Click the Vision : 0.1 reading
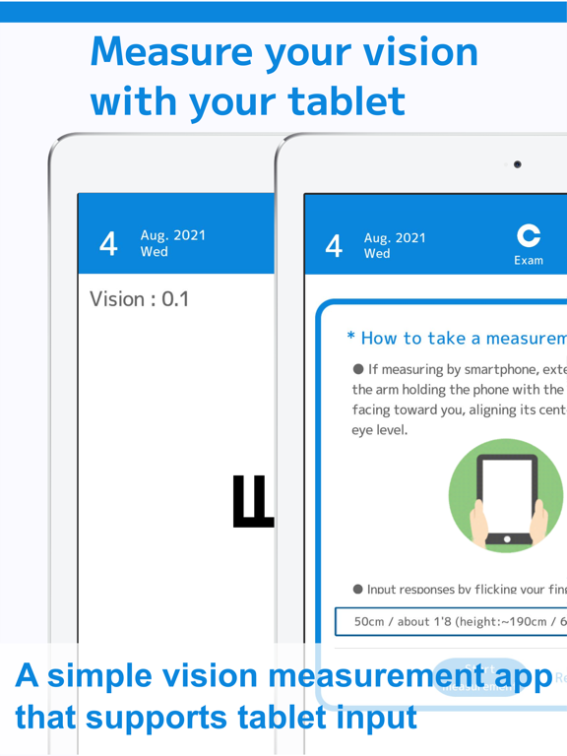coord(140,299)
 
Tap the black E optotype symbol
coord(252,501)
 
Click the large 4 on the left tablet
coord(108,243)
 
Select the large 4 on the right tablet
coord(335,245)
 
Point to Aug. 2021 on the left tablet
coord(173,235)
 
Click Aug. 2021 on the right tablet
coord(395,237)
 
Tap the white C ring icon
coord(529,235)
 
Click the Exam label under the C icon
coord(529,260)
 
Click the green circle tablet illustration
coord(506,496)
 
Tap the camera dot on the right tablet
coord(518,164)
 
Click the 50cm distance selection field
coord(453,622)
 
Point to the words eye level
coord(380,430)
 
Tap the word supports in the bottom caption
coord(169,717)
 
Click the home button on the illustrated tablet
coord(507,539)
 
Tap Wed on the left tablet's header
coord(155,252)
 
